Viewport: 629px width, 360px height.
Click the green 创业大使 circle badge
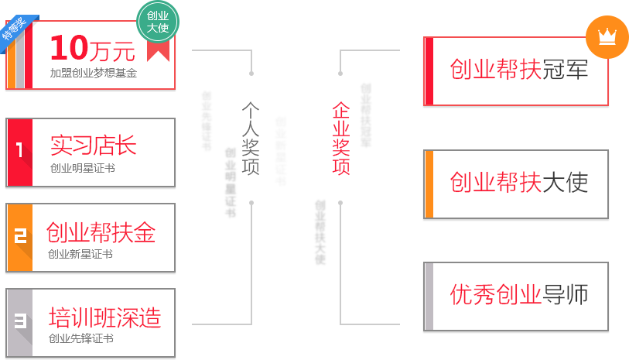(x=158, y=21)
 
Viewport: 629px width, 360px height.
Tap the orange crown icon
(x=607, y=36)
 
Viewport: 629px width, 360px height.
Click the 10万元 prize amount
(x=92, y=49)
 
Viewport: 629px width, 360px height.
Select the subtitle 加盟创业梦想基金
(x=93, y=73)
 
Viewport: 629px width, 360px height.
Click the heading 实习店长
(x=93, y=145)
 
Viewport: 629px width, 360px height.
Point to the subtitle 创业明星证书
(x=82, y=168)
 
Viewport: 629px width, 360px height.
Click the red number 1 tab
(x=19, y=152)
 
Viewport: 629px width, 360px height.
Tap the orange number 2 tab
(x=20, y=238)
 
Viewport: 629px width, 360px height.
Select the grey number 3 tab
(x=20, y=321)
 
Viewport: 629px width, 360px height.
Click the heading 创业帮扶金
(x=101, y=232)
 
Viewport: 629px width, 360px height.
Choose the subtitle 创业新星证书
(x=80, y=254)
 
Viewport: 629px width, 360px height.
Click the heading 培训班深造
(x=104, y=317)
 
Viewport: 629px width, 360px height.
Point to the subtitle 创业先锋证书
(x=81, y=338)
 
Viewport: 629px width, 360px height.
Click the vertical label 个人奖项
(x=250, y=139)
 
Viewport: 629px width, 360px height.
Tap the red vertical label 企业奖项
(x=341, y=139)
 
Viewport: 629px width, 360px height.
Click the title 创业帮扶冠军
(x=519, y=70)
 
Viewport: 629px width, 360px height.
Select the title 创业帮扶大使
(x=519, y=182)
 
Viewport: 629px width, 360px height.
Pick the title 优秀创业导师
(x=519, y=294)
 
